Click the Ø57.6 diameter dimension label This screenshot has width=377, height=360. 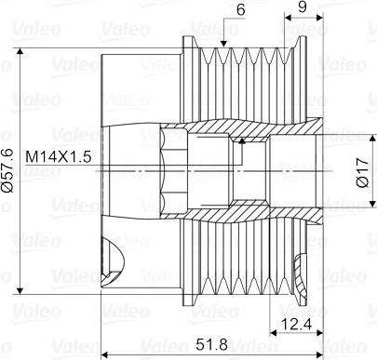click(7, 170)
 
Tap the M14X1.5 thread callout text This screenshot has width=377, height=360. click(59, 157)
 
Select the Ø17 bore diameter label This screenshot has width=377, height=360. click(363, 173)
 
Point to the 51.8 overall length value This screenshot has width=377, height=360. click(212, 344)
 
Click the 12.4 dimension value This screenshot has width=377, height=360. click(296, 324)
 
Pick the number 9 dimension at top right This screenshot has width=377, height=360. click(303, 7)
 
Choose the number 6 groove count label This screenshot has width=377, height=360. click(240, 9)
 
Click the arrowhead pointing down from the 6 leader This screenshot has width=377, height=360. click(223, 44)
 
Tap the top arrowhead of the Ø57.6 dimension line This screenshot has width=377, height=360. click(20, 51)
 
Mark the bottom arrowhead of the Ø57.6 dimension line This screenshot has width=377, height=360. click(20, 290)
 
